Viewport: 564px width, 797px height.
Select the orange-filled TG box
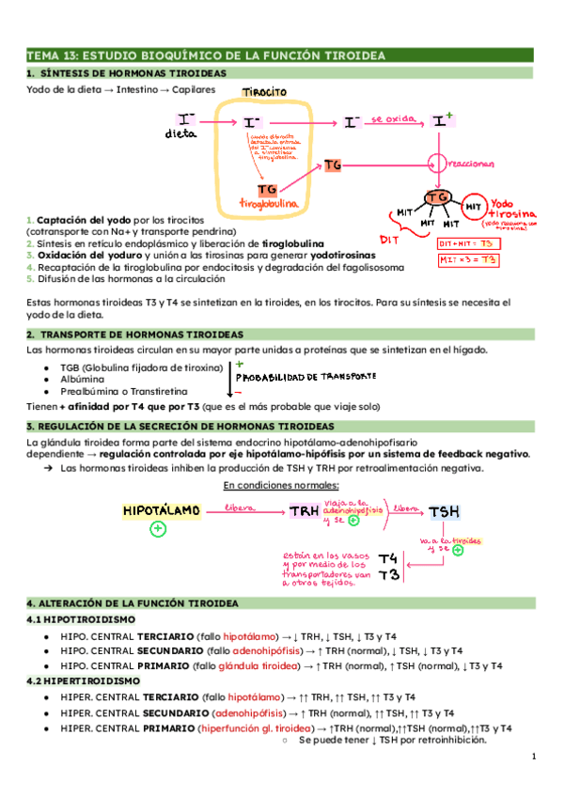[x=332, y=166]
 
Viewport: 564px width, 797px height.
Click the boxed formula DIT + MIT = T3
[x=470, y=243]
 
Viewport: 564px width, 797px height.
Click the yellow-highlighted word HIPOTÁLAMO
[x=161, y=510]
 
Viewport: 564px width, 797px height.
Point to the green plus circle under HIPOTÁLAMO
[x=158, y=530]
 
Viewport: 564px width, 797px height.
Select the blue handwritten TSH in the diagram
[x=444, y=511]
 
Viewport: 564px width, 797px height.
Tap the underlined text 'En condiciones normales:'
[x=281, y=485]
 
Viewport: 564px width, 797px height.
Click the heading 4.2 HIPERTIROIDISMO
[x=83, y=680]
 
